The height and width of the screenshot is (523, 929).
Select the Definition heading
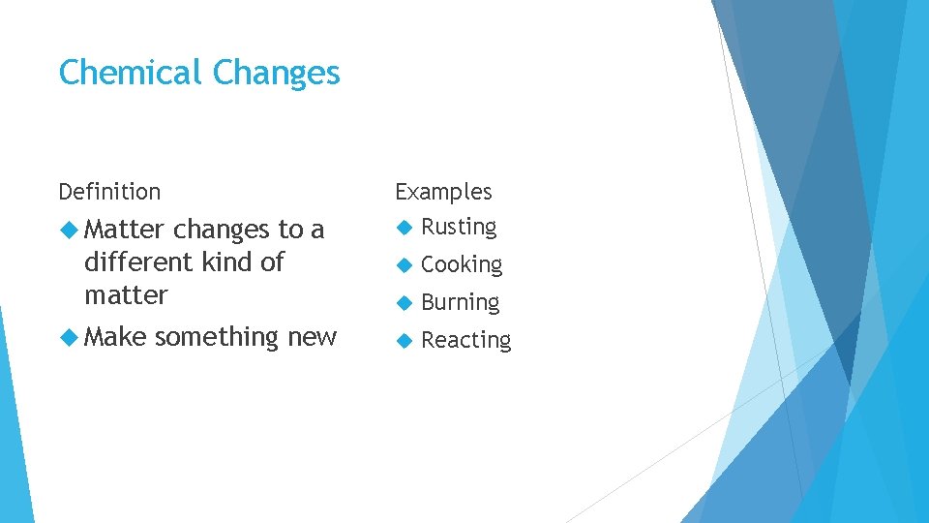(x=109, y=192)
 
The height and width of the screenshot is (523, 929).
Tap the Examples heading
(x=443, y=193)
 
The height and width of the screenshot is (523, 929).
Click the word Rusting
(x=459, y=228)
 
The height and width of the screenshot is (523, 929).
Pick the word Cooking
(x=462, y=265)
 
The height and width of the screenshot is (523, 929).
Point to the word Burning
(x=461, y=303)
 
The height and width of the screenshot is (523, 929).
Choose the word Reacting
(x=465, y=341)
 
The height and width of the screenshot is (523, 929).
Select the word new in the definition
(x=312, y=338)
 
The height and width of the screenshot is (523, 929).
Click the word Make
(x=115, y=337)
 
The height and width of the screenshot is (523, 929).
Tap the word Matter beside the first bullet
(x=125, y=230)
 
